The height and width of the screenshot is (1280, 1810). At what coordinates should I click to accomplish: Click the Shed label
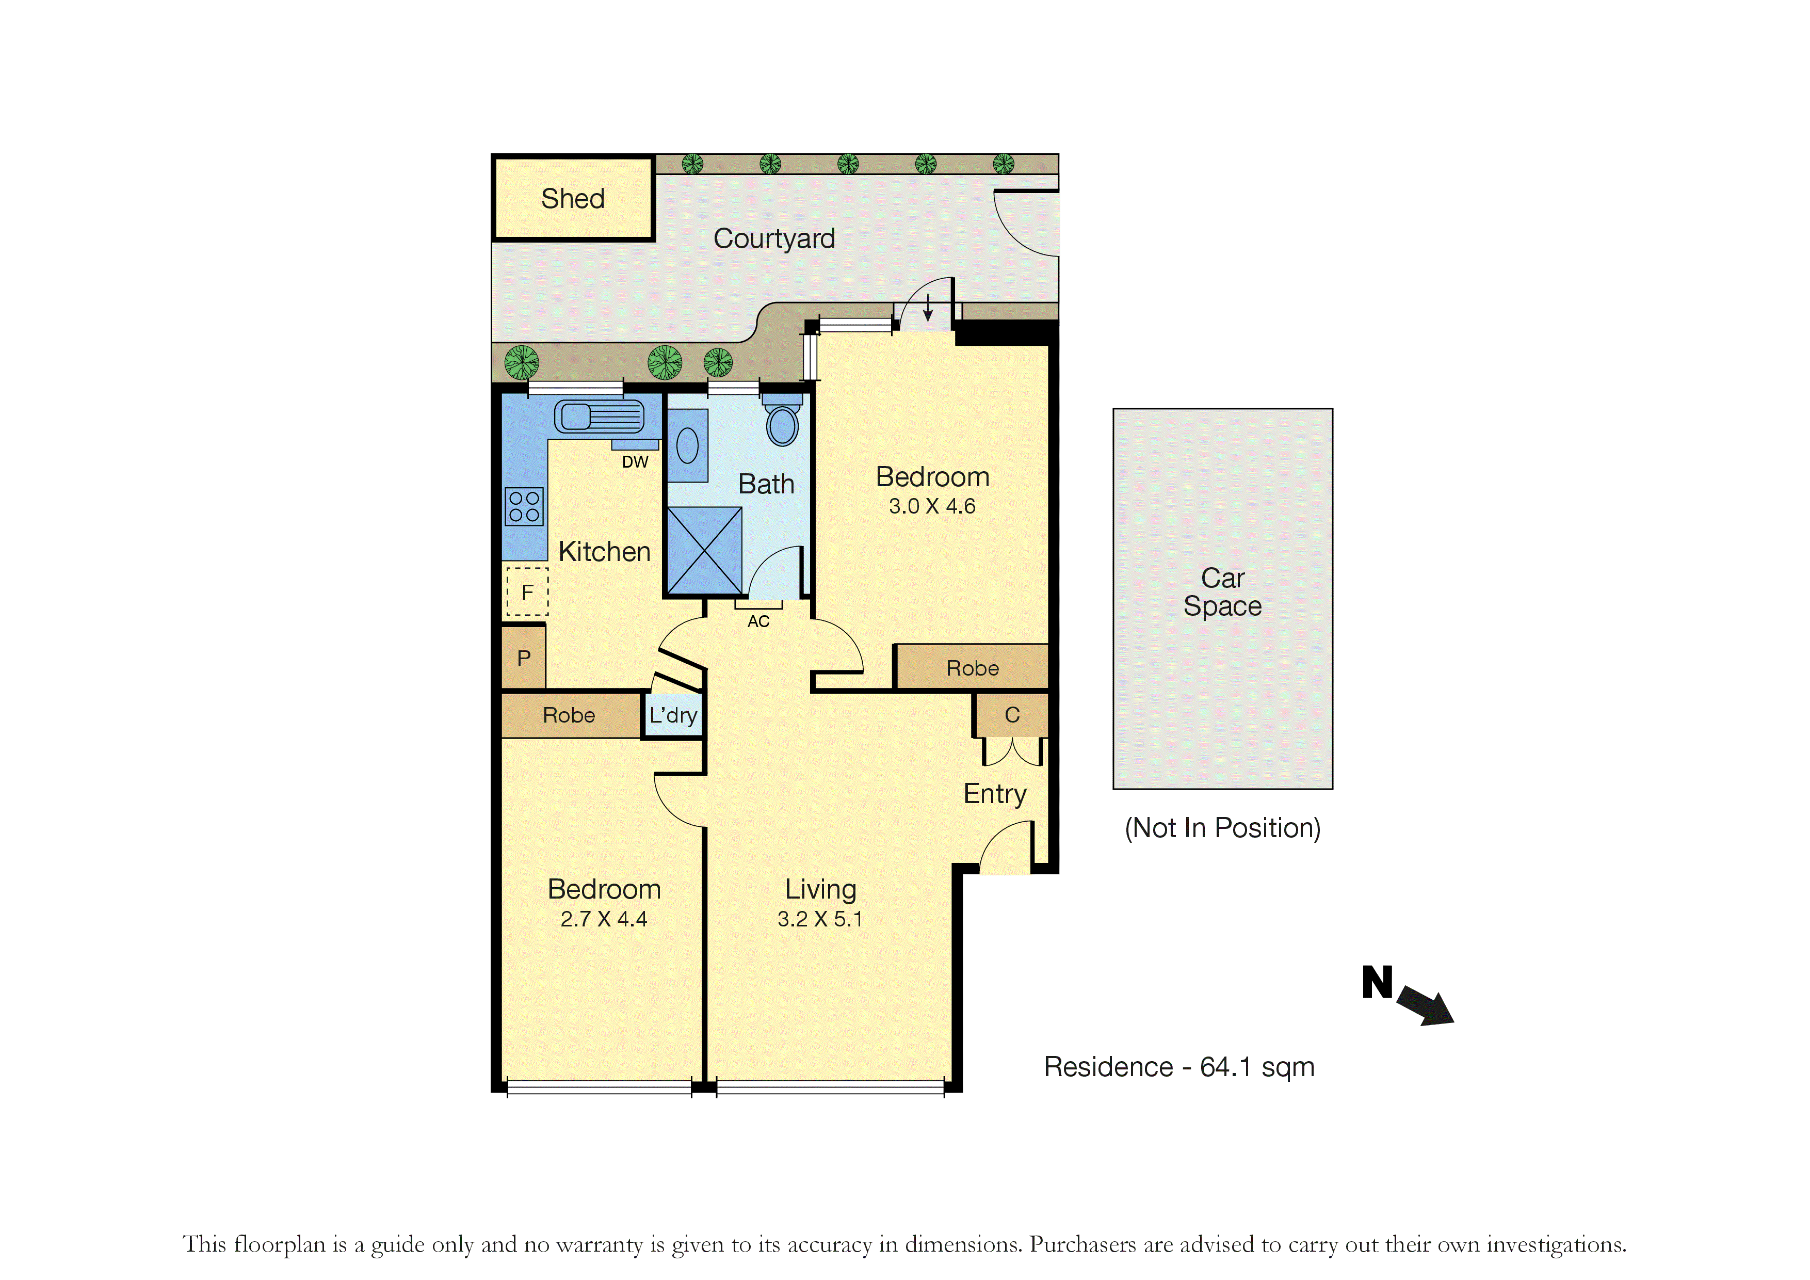(573, 199)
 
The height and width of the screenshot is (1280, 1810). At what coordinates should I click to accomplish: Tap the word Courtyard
(774, 238)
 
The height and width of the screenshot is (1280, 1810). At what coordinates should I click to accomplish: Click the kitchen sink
(599, 417)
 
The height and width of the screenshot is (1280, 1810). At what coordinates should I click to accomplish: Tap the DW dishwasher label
(635, 462)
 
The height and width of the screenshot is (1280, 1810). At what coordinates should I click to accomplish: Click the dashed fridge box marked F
(527, 591)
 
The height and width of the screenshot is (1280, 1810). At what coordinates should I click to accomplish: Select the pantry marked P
(524, 658)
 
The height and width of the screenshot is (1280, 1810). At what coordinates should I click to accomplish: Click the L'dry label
(673, 715)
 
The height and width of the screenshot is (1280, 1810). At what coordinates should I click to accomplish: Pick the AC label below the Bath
(758, 621)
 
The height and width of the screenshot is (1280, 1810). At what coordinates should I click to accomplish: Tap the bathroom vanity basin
(687, 445)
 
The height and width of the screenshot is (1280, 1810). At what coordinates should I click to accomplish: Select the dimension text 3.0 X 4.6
(932, 506)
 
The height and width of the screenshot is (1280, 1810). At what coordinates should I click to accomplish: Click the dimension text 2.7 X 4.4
(604, 919)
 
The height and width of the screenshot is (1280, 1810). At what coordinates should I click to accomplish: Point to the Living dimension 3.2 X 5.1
(820, 919)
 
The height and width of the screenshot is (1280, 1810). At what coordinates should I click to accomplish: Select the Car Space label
(1223, 593)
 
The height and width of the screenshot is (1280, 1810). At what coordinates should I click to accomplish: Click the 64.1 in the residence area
(1226, 1067)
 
